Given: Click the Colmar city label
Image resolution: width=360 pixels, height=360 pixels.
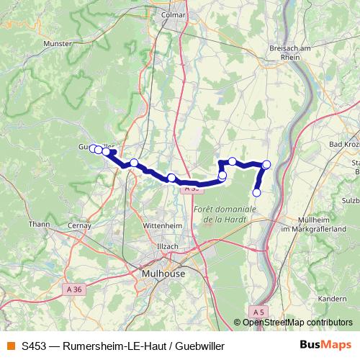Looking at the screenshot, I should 174,14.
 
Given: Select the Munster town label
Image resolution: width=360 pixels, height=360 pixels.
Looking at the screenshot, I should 58,44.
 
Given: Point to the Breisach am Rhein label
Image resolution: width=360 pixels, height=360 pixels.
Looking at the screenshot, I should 289,52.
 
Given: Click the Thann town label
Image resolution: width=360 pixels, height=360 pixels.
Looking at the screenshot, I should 40,225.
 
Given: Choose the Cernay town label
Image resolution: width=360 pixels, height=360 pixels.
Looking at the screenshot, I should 79,225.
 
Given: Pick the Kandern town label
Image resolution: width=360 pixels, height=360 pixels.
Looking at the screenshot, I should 332,297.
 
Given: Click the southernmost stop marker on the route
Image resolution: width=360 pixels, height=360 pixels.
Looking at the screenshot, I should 256,192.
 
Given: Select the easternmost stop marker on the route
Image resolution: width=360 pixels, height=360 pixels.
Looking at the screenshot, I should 266,165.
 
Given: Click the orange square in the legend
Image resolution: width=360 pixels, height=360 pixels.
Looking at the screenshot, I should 9,346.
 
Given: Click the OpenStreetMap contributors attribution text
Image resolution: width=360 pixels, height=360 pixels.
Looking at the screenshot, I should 297,323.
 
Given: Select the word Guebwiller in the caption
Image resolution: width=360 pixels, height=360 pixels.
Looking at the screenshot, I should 199,346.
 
